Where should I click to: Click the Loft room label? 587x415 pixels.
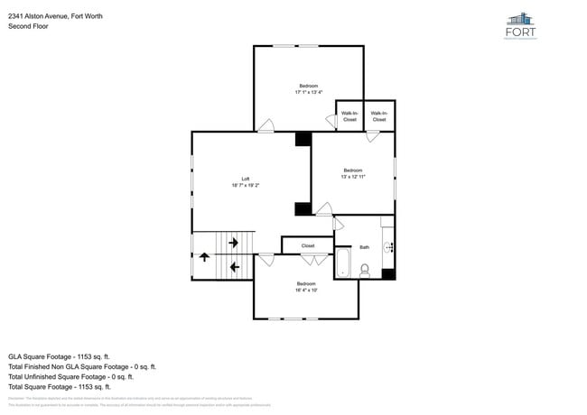click(245, 179)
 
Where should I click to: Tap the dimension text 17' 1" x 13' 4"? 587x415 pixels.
click(308, 92)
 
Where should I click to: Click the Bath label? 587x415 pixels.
click(365, 247)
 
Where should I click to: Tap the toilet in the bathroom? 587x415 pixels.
click(365, 269)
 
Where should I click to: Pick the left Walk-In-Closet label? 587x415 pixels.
click(349, 116)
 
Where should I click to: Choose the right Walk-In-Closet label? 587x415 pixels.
click(378, 116)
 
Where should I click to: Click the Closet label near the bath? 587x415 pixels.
click(308, 245)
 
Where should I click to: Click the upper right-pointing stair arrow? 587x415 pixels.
click(234, 242)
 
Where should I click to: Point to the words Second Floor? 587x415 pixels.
click(28, 26)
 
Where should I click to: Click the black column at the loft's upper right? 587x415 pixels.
click(303, 139)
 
